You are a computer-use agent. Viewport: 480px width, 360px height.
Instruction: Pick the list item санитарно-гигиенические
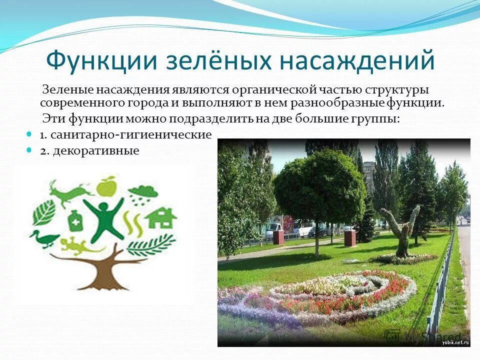(x=125, y=134)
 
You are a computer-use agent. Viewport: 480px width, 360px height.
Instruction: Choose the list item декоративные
(x=89, y=150)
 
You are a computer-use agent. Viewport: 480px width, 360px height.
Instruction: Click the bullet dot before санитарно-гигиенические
(x=29, y=134)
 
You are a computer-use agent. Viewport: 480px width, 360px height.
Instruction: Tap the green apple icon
(x=106, y=186)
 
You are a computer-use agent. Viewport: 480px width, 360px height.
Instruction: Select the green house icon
(x=160, y=218)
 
